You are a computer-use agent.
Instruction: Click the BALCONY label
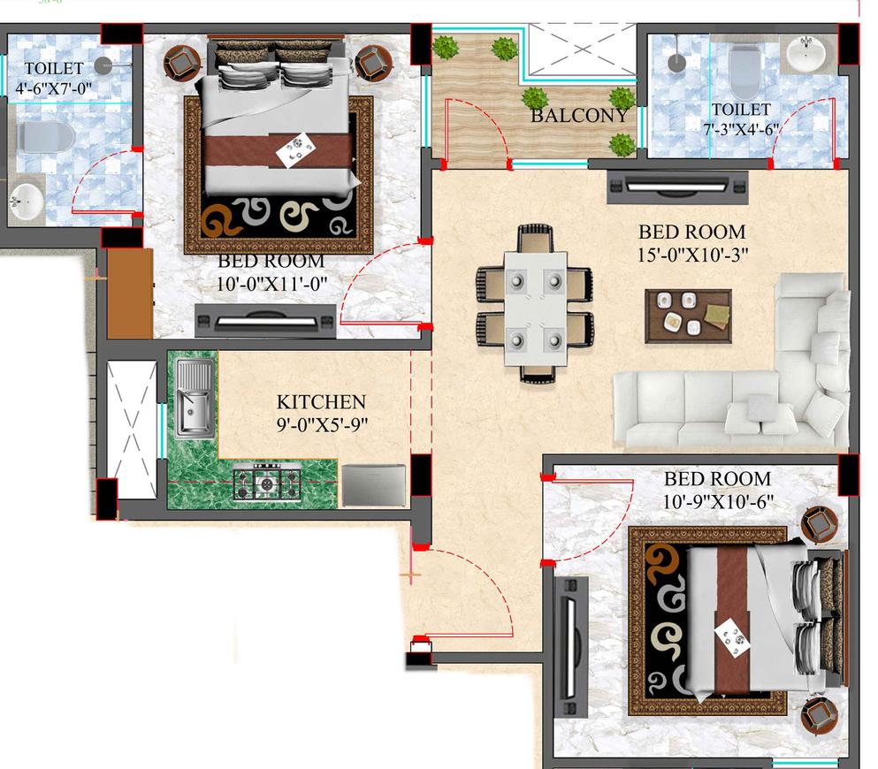coord(579,116)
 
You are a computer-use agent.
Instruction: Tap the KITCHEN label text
coord(320,401)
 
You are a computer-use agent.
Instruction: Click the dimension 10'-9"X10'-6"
coord(718,502)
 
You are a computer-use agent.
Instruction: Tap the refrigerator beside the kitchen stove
coord(372,484)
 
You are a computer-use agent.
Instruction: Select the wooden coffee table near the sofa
coord(690,316)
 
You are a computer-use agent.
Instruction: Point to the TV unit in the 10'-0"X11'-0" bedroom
coord(265,319)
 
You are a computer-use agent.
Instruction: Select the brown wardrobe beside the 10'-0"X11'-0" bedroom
coord(130,293)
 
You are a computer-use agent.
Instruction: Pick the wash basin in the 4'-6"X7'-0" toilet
coord(27,201)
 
